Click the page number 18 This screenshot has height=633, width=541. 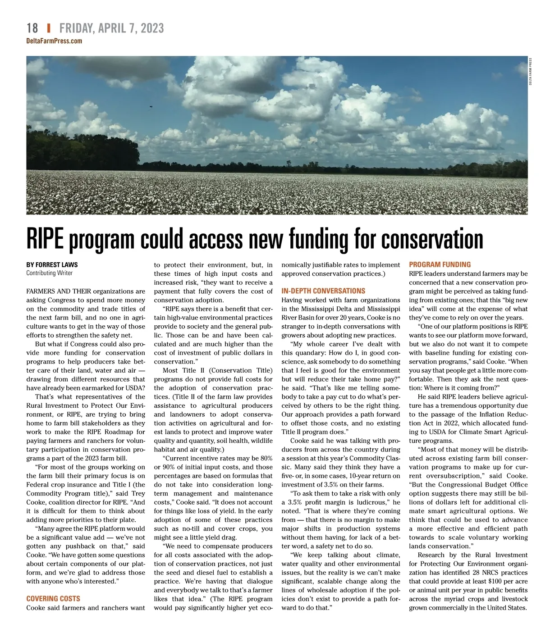(32, 28)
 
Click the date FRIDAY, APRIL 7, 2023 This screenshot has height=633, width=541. (111, 28)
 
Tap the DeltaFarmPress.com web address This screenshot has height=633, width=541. (54, 41)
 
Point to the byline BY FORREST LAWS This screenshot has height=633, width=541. (52, 264)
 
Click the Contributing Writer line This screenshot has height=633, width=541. (49, 273)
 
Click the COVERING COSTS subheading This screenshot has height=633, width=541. (53, 599)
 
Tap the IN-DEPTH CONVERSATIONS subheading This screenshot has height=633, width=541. (323, 291)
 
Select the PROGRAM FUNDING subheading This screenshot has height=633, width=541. (440, 264)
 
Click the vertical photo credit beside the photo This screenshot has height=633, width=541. (531, 72)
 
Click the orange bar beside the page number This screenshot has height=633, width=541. (48, 28)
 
